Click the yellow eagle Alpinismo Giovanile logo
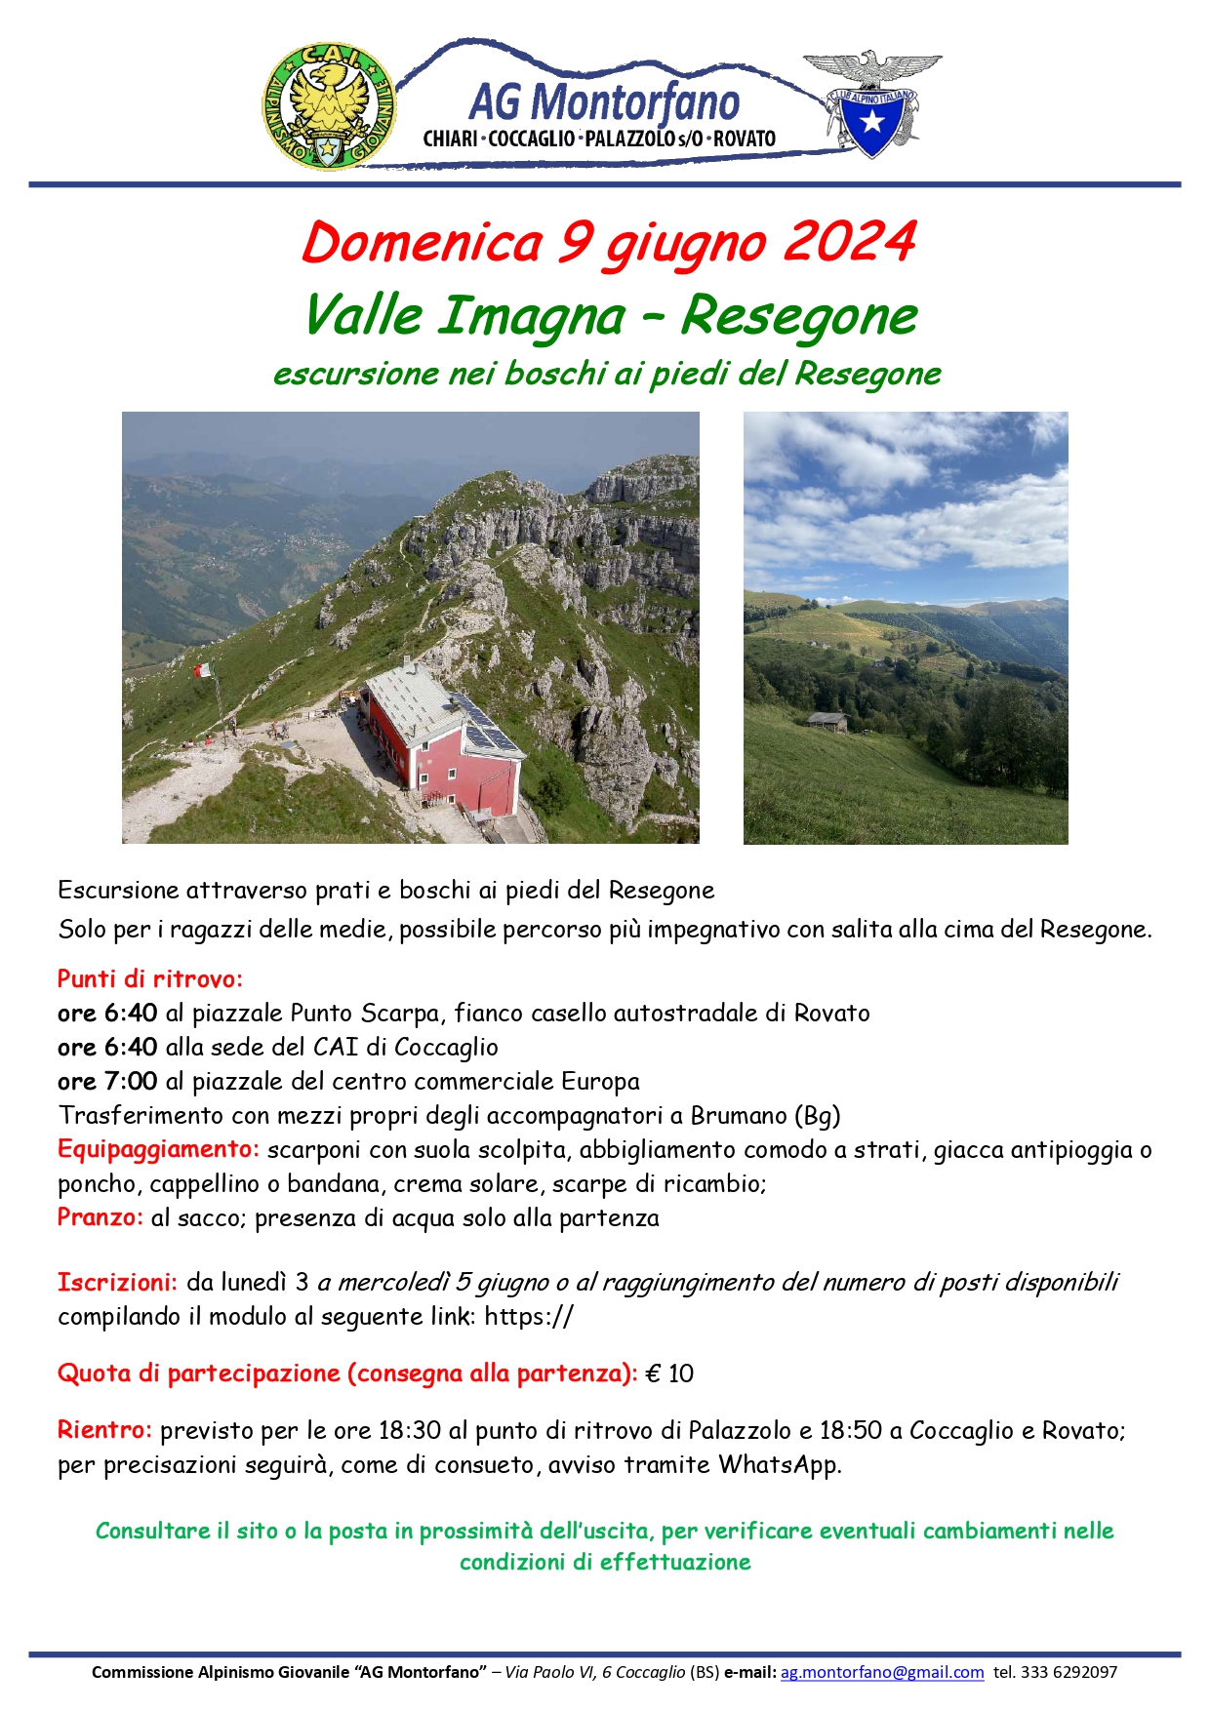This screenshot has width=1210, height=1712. tap(329, 105)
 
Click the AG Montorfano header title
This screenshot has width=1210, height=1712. tap(604, 102)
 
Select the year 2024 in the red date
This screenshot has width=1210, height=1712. tap(850, 243)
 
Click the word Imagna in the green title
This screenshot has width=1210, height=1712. tap(531, 316)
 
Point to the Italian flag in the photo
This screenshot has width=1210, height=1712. tap(203, 670)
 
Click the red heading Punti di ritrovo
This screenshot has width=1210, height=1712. tap(149, 978)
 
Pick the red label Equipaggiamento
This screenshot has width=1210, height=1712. tap(158, 1149)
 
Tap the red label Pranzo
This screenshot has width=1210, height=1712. tap(100, 1217)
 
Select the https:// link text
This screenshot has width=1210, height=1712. tap(529, 1316)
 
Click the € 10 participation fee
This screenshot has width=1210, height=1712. tap(669, 1374)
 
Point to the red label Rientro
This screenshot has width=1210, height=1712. tap(104, 1430)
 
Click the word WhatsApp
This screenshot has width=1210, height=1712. tap(778, 1464)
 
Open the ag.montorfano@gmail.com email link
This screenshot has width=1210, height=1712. tap(882, 1672)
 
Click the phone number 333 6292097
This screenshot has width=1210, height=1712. tap(1069, 1672)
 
